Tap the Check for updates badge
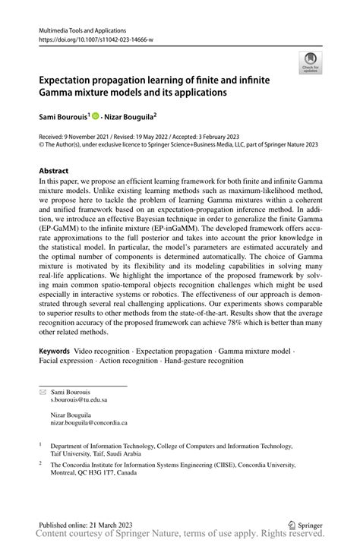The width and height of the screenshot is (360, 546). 309,63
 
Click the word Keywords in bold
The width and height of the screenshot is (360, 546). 55,352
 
